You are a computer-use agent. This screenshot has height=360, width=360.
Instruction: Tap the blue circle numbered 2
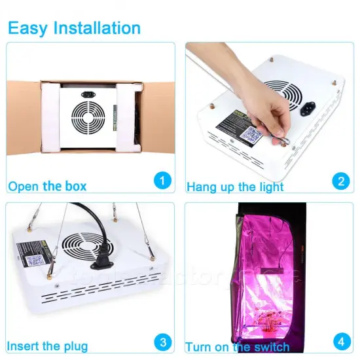click(339, 180)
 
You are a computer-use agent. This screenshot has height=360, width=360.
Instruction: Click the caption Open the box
click(47, 186)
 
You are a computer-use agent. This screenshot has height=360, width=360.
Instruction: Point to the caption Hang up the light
click(235, 187)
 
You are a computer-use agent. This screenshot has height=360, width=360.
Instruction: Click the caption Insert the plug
click(48, 346)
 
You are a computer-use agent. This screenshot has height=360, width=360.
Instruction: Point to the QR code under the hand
click(252, 134)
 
